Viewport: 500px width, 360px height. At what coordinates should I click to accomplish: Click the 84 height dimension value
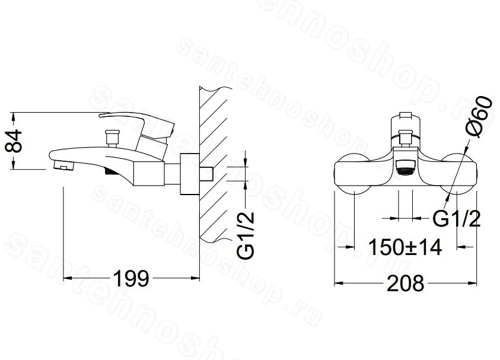coord(14,141)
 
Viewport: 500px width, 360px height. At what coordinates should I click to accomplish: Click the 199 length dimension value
coord(132,278)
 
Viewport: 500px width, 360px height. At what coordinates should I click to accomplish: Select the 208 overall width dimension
coord(406,283)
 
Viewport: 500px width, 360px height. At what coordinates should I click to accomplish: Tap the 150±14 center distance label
coord(405,247)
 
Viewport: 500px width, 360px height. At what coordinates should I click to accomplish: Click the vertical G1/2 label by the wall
coord(246,235)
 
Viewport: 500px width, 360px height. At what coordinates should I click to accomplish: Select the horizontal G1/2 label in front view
coord(456,219)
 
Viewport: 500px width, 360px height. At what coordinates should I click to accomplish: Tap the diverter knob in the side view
coord(112,138)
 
